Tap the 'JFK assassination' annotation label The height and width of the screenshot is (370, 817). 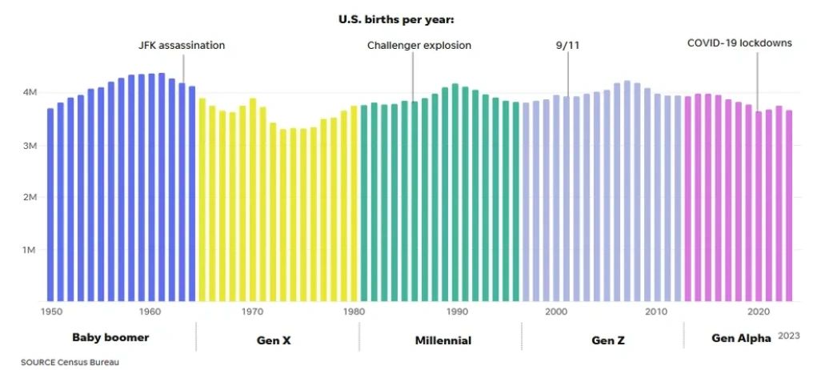pos(182,46)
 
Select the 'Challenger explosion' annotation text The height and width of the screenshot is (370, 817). pos(419,46)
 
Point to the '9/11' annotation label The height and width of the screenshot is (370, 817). pos(567,46)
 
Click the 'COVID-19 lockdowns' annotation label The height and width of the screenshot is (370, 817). pos(740,42)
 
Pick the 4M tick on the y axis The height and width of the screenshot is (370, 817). pos(29,93)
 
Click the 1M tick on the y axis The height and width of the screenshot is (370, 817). pos(29,250)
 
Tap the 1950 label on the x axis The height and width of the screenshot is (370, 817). pos(50,311)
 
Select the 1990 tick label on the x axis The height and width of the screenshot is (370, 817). pos(457,311)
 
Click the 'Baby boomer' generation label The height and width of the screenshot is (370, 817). pos(110,337)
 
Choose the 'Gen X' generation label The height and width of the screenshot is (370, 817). pos(274,340)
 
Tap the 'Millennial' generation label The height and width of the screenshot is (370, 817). pos(443,340)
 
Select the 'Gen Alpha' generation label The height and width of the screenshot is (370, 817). pos(742,338)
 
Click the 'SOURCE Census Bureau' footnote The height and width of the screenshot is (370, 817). pos(70,362)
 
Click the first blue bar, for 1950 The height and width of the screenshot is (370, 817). pos(50,204)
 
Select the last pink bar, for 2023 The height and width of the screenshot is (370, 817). pos(789,205)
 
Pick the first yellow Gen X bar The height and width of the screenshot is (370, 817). pos(202,199)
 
